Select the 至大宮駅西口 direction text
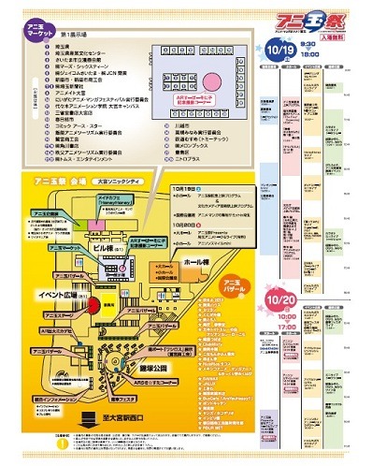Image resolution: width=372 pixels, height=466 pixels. [x=134, y=414]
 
